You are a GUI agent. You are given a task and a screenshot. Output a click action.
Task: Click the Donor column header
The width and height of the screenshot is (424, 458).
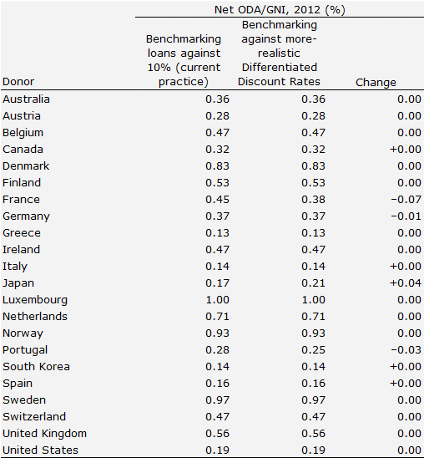pyautogui.click(x=18, y=82)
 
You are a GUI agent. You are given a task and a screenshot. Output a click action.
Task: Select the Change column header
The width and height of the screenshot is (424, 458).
pyautogui.click(x=376, y=83)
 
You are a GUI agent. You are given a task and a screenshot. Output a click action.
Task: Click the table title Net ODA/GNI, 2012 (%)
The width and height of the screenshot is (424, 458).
pyautogui.click(x=280, y=10)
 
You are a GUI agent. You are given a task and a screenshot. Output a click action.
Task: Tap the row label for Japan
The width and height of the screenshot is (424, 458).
pyautogui.click(x=18, y=283)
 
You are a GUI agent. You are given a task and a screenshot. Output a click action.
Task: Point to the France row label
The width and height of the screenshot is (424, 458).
pyautogui.click(x=21, y=200)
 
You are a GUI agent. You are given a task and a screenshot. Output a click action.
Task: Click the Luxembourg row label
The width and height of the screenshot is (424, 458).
pyautogui.click(x=35, y=300)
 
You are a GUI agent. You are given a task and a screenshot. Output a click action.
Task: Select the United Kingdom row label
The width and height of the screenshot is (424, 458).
pyautogui.click(x=44, y=434)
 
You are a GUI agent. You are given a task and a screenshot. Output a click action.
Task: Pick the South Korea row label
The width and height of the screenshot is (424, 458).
pyautogui.click(x=36, y=367)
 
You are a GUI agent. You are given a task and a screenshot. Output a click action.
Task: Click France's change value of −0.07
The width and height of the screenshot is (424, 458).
pyautogui.click(x=406, y=200)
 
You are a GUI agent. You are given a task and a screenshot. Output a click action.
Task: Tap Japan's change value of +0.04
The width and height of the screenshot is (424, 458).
pyautogui.click(x=406, y=283)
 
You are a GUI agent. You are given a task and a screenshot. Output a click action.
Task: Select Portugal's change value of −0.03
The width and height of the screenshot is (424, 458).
pyautogui.click(x=406, y=350)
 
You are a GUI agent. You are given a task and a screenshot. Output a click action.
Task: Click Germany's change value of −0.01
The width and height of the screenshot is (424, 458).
pyautogui.click(x=406, y=216)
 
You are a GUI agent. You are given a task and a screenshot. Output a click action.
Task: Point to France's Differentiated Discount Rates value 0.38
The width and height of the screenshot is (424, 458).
pyautogui.click(x=313, y=200)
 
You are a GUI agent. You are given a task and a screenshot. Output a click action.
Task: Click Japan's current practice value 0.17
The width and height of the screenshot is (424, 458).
pyautogui.click(x=217, y=283)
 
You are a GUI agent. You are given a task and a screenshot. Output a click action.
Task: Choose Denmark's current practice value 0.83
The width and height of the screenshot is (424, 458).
pyautogui.click(x=217, y=166)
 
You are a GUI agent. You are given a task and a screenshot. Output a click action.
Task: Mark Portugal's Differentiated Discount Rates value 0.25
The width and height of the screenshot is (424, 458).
pyautogui.click(x=313, y=350)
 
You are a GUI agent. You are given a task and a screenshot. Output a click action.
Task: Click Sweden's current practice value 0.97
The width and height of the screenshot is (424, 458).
pyautogui.click(x=217, y=399)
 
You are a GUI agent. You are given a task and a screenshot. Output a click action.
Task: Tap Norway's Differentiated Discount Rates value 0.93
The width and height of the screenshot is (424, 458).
pyautogui.click(x=313, y=333)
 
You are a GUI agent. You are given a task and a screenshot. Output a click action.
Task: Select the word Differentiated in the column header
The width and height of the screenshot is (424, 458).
pyautogui.click(x=280, y=68)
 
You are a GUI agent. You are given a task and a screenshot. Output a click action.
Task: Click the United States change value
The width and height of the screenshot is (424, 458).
pyautogui.click(x=409, y=450)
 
